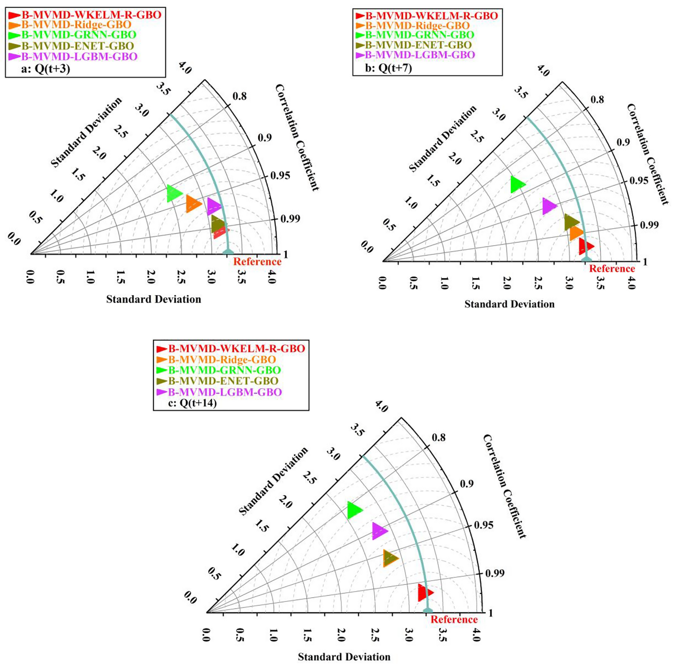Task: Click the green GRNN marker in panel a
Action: click(x=173, y=193)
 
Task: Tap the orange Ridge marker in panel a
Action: click(x=192, y=204)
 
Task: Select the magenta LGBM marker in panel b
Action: click(x=548, y=206)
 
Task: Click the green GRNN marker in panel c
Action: click(x=354, y=510)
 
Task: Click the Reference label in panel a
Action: click(x=257, y=262)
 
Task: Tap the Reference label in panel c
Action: click(x=454, y=620)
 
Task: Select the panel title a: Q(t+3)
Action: click(x=46, y=69)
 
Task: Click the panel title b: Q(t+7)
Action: click(x=388, y=68)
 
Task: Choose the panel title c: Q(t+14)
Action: click(x=192, y=403)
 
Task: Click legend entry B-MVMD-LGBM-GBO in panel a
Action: click(x=79, y=57)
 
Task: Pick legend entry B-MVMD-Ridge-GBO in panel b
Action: click(x=417, y=26)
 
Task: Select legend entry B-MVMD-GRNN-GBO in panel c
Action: click(x=224, y=370)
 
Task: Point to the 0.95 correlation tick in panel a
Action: click(x=280, y=176)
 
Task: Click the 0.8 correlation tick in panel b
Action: click(x=597, y=100)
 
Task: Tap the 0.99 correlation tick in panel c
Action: click(x=495, y=573)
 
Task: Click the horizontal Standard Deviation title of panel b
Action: click(x=509, y=304)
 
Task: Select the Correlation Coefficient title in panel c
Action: click(x=504, y=487)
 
